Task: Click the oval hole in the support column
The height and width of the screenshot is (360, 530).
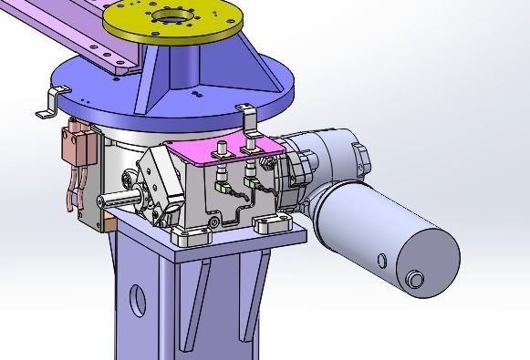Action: [x=137, y=301]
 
